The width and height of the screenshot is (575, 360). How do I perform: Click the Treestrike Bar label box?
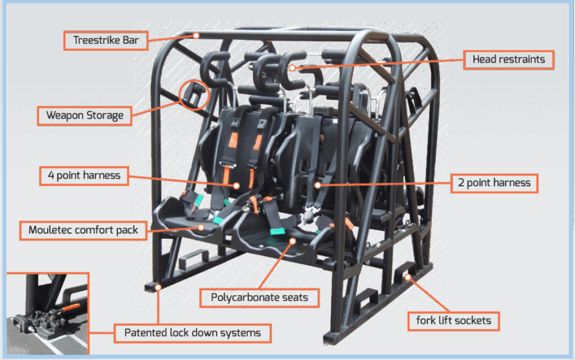click(106, 40)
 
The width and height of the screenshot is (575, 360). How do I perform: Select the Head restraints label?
click(509, 60)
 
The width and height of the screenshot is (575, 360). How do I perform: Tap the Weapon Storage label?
click(84, 116)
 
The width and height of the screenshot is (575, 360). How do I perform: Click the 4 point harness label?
click(84, 175)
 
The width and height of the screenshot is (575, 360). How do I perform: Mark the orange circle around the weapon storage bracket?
click(193, 95)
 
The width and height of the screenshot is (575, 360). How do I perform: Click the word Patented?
click(139, 333)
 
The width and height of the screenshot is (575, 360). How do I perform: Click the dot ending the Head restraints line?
click(291, 67)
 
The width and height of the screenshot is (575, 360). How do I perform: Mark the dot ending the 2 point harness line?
click(318, 185)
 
